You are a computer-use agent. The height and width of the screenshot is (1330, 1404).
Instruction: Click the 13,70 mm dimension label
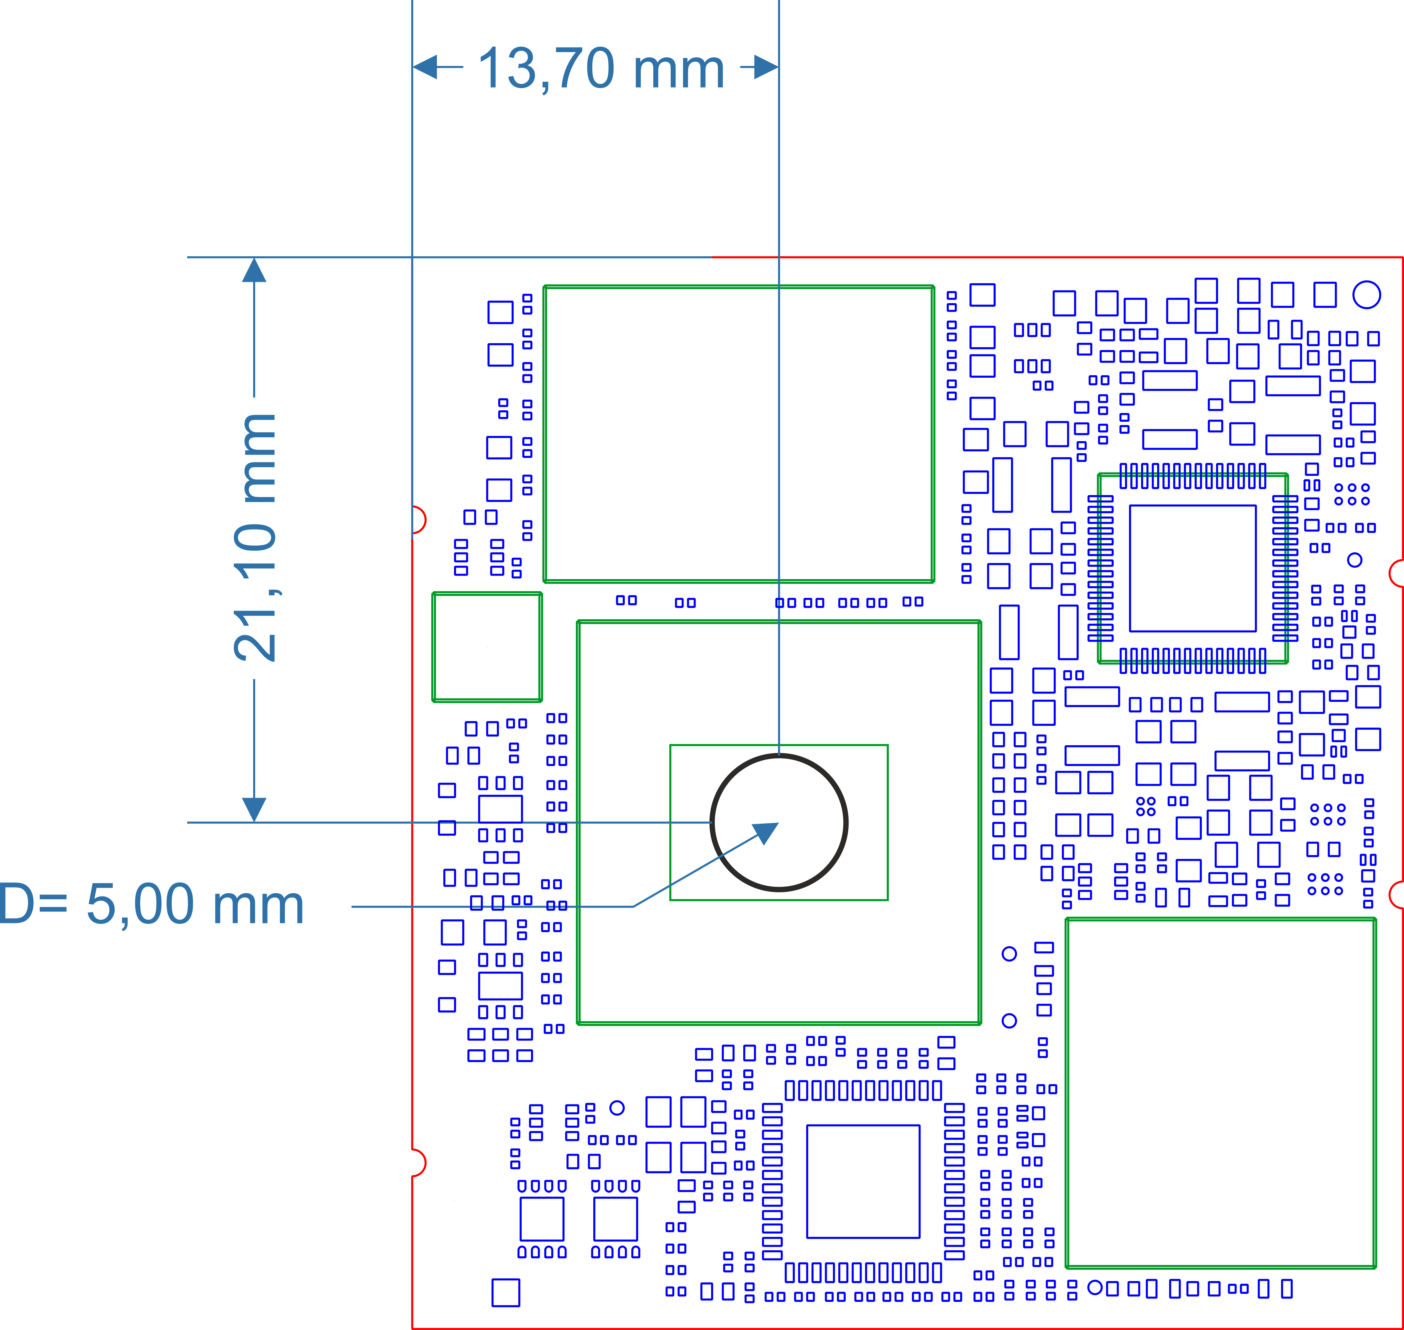click(x=601, y=69)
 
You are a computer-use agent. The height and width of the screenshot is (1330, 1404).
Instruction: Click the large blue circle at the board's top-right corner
click(x=1366, y=294)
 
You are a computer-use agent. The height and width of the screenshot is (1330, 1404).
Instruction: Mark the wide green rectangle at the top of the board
click(x=544, y=434)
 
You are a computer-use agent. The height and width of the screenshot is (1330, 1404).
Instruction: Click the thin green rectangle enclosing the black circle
click(x=671, y=822)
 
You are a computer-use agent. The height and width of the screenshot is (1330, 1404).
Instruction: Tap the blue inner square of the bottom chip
click(x=807, y=1181)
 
